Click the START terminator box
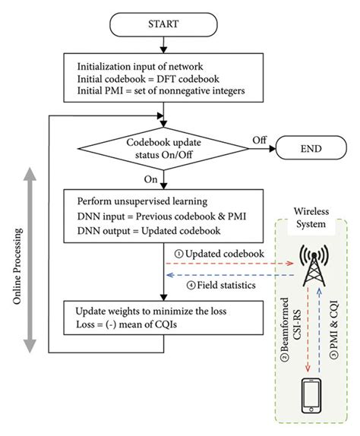point(163,24)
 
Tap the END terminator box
point(311,148)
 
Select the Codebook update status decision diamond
point(163,148)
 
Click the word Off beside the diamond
point(260,140)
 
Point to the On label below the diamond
point(150,179)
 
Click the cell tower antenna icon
point(314,266)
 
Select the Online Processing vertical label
point(17,266)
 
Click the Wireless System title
point(311,217)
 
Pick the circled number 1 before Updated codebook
point(178,254)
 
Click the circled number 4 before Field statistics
point(191,286)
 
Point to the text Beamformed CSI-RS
point(289,329)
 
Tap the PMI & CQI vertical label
point(334,329)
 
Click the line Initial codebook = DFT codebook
point(148,79)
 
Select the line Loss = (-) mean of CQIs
point(127,324)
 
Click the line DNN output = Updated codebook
point(149,231)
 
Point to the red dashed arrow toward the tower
point(229,263)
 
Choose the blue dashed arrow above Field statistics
point(230,275)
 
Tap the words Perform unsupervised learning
point(142,201)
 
